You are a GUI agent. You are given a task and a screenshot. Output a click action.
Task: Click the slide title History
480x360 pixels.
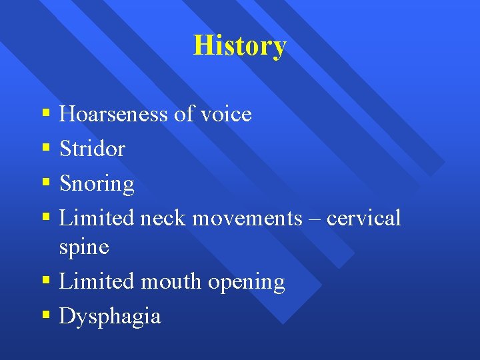click(x=239, y=46)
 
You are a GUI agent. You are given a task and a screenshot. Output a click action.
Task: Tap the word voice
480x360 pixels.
click(x=225, y=114)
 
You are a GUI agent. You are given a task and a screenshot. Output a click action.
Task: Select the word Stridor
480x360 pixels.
click(x=92, y=149)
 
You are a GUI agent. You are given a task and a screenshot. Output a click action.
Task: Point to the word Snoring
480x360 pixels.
click(x=97, y=184)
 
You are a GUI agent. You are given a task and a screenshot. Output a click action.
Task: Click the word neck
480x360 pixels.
click(x=165, y=218)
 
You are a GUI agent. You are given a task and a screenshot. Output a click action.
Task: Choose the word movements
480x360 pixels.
click(x=247, y=218)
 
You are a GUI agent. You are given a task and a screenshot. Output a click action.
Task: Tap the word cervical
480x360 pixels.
click(x=364, y=218)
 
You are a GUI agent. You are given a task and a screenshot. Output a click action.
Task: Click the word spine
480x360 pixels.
click(x=84, y=247)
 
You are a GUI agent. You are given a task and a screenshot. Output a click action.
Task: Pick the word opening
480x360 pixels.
click(x=247, y=283)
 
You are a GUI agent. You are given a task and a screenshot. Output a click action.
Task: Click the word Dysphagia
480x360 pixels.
click(x=110, y=316)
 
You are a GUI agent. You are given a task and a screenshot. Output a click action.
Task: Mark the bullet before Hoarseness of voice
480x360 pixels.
click(x=45, y=114)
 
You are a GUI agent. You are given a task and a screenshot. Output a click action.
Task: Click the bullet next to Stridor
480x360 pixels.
click(x=45, y=149)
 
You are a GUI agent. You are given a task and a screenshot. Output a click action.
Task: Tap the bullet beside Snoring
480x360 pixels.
click(x=45, y=183)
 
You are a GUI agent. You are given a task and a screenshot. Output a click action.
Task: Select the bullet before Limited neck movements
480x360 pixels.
click(x=45, y=218)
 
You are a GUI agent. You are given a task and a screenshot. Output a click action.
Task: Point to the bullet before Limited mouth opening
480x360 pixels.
click(x=45, y=281)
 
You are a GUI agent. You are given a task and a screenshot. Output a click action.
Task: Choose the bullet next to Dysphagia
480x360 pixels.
click(x=45, y=315)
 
